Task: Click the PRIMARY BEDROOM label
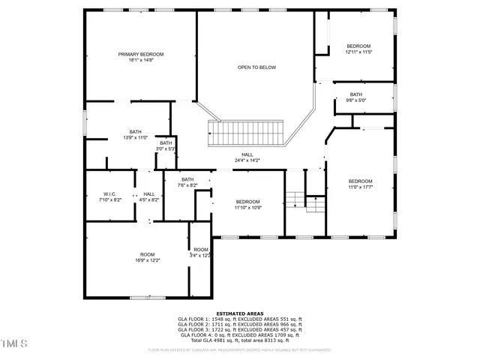point(140,55)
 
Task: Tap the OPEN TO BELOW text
point(256,67)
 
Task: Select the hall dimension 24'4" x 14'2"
point(247,160)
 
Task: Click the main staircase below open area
point(246,134)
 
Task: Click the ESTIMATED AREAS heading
point(239,313)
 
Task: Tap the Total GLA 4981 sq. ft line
point(239,340)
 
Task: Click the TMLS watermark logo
point(13,344)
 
